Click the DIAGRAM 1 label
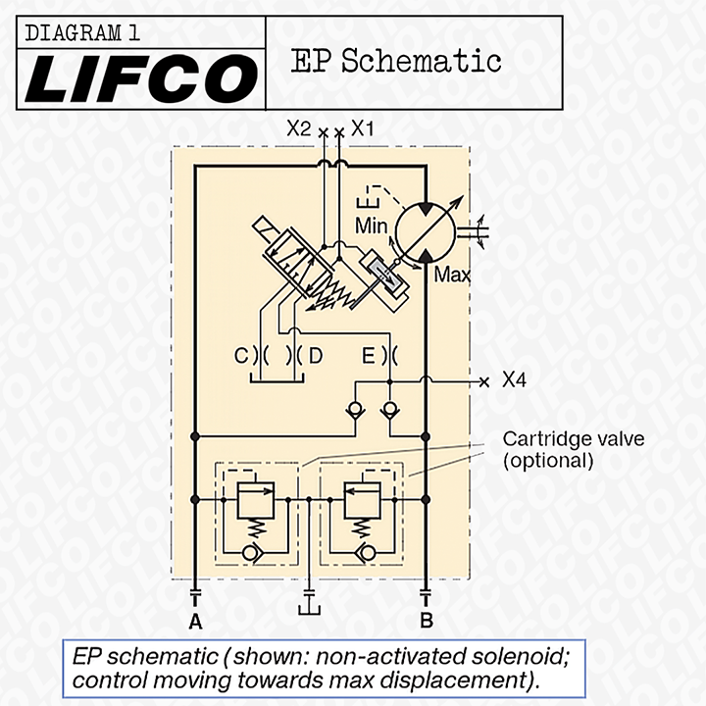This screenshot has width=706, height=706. tap(82, 32)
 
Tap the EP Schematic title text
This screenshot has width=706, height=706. tap(396, 61)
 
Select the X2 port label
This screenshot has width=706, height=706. tap(298, 127)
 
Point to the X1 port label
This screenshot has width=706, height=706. tap(363, 127)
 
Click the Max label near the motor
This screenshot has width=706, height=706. tap(452, 275)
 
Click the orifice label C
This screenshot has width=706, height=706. tap(240, 356)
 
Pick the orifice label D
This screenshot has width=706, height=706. tap(315, 356)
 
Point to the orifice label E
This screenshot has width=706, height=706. tap(368, 356)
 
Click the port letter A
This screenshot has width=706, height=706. tap(195, 621)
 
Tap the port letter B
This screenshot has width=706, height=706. tap(426, 621)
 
